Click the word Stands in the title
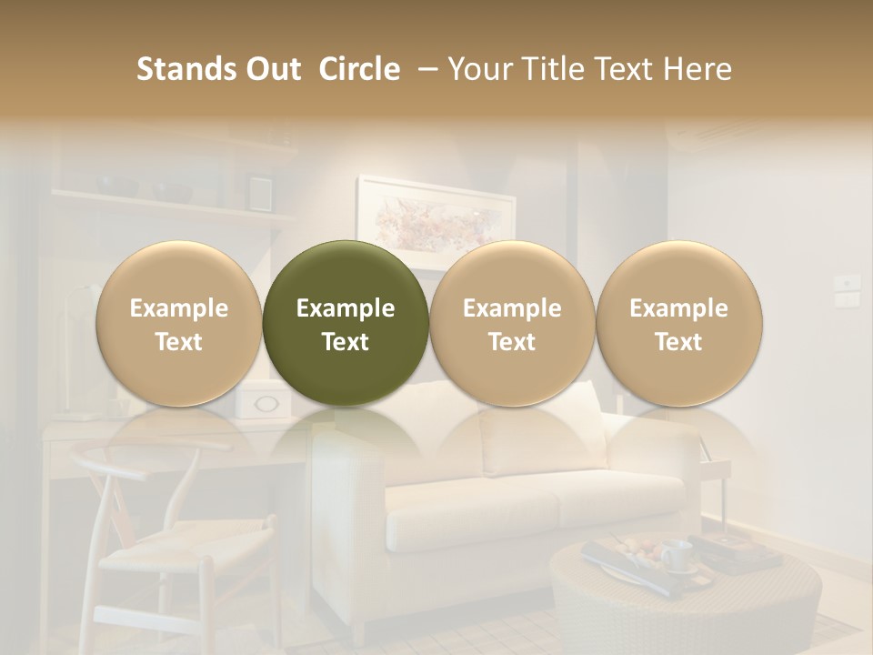pyautogui.click(x=185, y=69)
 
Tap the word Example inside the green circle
pyautogui.click(x=346, y=308)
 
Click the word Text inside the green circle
pyautogui.click(x=346, y=342)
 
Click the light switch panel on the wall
pyautogui.click(x=848, y=291)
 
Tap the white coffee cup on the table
pyautogui.click(x=675, y=555)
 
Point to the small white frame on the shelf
pyautogui.click(x=259, y=192)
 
